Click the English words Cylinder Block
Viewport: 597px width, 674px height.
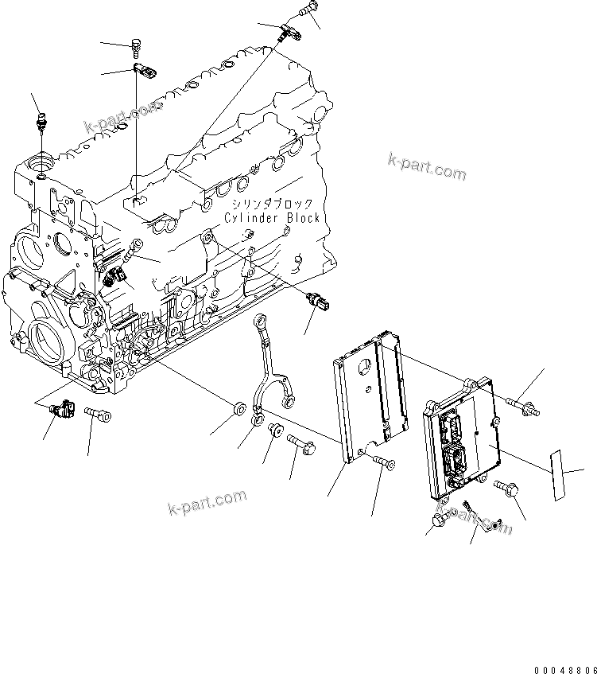271,218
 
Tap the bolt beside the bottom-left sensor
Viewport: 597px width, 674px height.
96,414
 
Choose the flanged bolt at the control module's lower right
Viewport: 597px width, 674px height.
506,489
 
